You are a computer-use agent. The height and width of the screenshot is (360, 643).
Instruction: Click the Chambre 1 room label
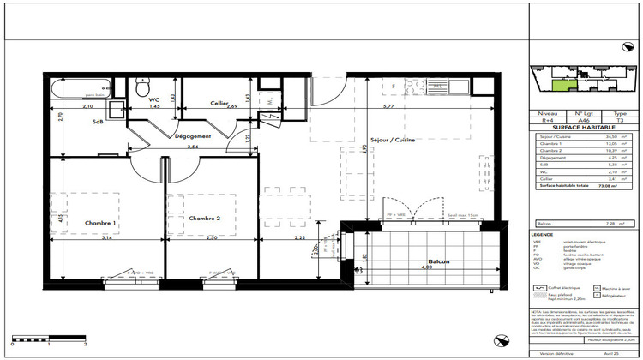(x=100, y=223)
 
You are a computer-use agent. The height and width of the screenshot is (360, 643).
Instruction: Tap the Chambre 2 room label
(x=206, y=219)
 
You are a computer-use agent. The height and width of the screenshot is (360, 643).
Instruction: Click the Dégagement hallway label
(x=193, y=136)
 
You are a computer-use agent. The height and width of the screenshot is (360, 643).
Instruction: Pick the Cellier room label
(x=219, y=104)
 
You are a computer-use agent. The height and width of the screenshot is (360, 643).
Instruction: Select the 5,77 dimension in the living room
(x=388, y=106)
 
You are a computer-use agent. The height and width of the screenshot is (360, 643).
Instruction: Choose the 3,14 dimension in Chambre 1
(x=105, y=237)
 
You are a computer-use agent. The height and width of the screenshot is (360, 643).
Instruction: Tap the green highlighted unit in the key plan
(x=558, y=82)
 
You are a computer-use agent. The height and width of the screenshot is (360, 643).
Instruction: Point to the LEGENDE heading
(x=541, y=234)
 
